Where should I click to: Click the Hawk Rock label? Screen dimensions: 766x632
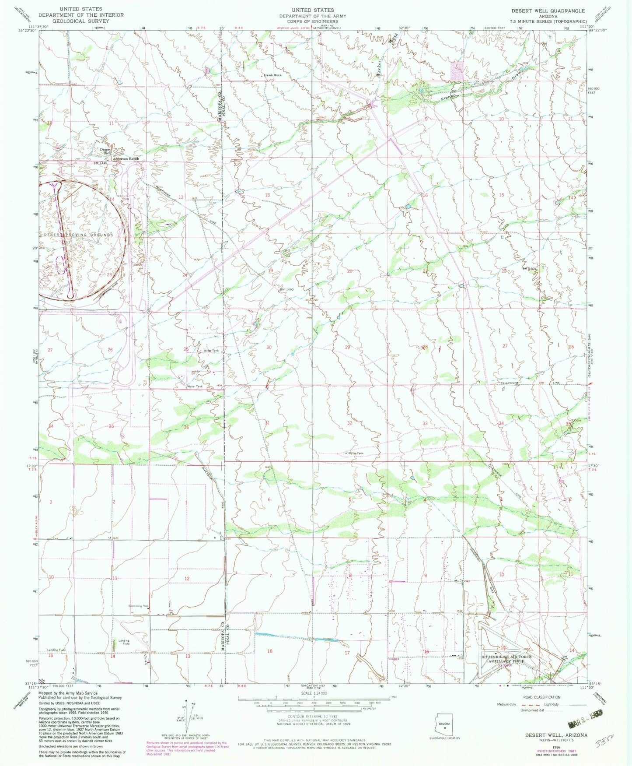coord(272,75)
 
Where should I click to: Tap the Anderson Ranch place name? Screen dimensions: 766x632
coord(126,159)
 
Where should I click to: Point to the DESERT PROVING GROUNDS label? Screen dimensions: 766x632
coord(78,235)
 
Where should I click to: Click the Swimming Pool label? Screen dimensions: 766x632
coord(135,606)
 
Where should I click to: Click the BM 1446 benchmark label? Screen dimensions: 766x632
coord(100,163)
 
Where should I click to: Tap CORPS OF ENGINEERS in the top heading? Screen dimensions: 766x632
coord(313,21)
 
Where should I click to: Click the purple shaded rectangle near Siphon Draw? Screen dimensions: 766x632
coord(457,70)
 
